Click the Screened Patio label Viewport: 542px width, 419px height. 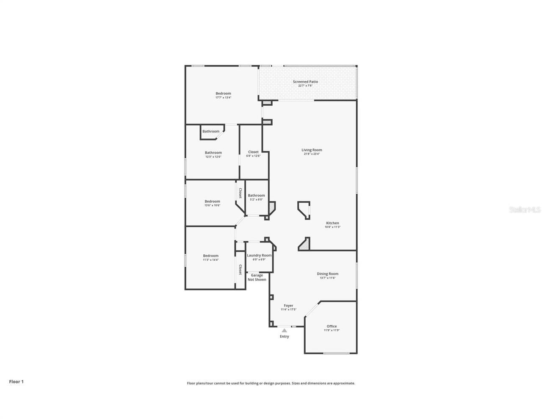pos(305,82)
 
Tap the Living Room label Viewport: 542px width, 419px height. pos(312,150)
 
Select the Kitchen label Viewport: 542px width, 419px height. pos(332,223)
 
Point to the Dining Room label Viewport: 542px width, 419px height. pos(328,274)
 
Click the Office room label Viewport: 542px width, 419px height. pos(332,326)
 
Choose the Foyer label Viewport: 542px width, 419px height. pos(288,306)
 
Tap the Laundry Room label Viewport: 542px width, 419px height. pos(259,255)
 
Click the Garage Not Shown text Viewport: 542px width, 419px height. pos(257,277)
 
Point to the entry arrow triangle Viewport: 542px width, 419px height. pos(285,330)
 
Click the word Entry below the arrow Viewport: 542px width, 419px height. pos(285,336)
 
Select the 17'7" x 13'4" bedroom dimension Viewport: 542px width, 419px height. pos(223,97)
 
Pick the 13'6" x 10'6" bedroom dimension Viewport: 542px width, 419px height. pos(212,205)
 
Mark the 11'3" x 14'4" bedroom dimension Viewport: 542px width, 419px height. pos(210,259)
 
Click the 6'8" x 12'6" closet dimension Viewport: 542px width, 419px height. pos(253,156)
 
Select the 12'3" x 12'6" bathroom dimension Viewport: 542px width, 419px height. pos(213,157)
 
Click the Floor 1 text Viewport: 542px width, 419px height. pos(17,381)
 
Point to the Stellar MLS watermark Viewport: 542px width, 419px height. pos(525,209)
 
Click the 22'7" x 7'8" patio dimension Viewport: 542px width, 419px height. pos(305,85)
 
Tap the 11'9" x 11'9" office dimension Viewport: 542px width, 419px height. pos(332,330)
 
